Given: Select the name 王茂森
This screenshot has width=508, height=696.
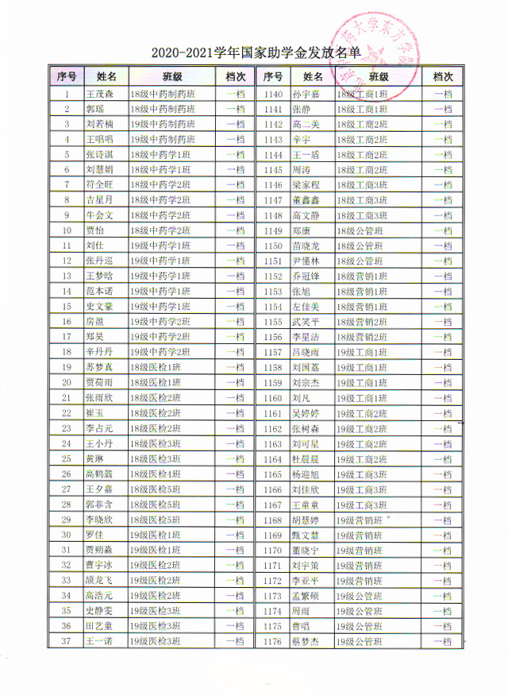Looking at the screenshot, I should (x=100, y=94).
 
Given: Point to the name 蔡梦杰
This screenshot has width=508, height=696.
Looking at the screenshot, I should (x=306, y=641).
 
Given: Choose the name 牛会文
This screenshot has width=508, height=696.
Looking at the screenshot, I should (x=100, y=215).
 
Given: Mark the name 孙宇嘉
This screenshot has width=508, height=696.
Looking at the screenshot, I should (x=306, y=94).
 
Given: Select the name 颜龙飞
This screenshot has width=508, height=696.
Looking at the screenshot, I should (x=100, y=580).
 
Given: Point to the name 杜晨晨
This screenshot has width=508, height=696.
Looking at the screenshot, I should (x=306, y=458).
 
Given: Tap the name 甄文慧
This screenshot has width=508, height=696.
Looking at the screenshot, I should (x=306, y=535).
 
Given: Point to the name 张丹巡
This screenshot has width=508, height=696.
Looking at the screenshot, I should (x=100, y=261).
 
